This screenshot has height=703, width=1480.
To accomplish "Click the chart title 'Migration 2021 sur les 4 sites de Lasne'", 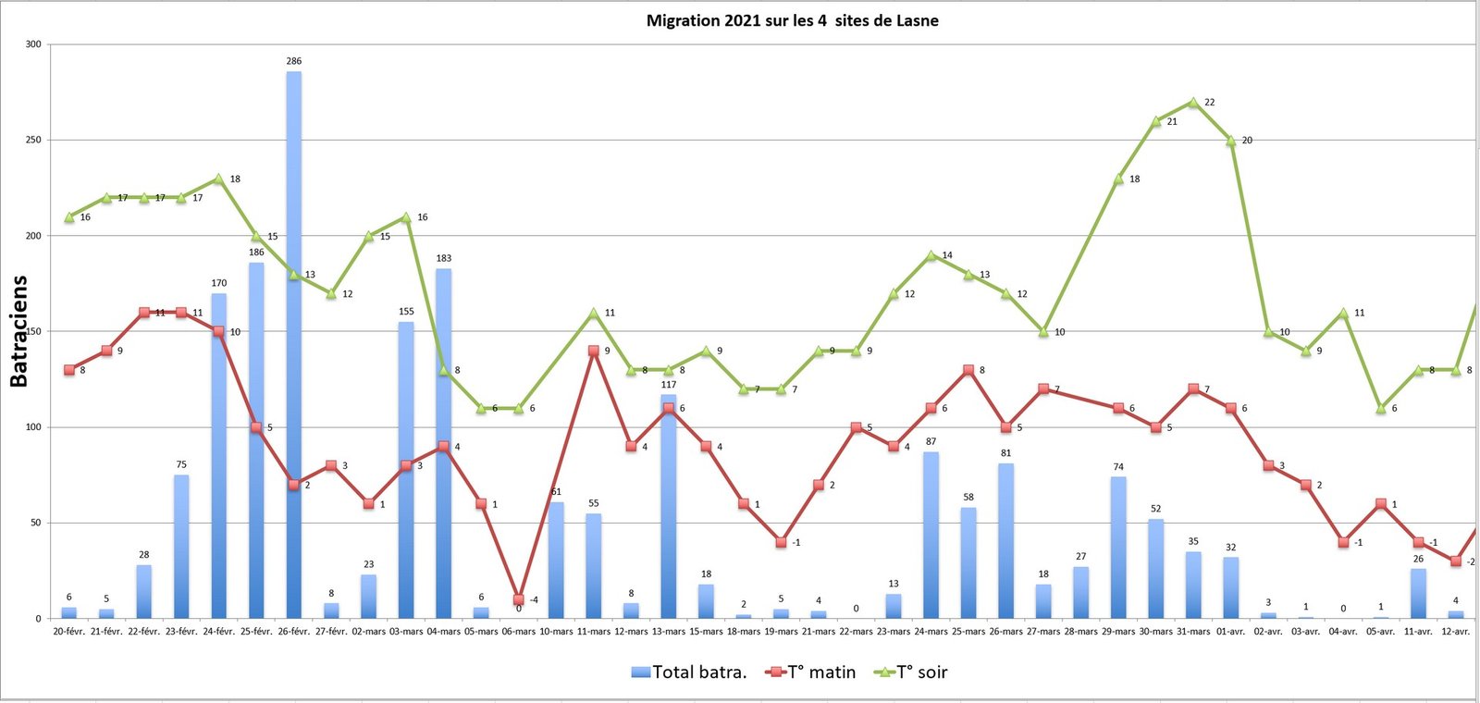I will tap(792, 20).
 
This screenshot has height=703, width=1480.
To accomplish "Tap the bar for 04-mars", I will tap(443, 443).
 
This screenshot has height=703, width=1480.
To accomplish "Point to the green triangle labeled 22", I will tap(1193, 103).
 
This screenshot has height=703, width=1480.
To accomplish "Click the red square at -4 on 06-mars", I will tap(519, 600).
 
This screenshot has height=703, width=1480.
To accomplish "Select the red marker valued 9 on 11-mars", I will tap(594, 351).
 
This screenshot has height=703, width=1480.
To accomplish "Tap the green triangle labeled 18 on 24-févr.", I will tap(219, 179).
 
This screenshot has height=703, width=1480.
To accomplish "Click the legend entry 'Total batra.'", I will tap(689, 672).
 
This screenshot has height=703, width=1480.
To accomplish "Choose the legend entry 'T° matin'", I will tap(811, 672).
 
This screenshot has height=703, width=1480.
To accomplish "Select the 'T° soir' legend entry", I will tap(911, 672).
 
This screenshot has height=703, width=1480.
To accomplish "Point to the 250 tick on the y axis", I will tap(33, 140).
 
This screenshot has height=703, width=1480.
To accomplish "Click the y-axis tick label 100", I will tap(33, 427).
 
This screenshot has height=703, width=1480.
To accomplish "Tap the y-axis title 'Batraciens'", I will tap(18, 331).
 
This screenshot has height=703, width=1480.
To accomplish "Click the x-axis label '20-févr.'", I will tap(69, 632).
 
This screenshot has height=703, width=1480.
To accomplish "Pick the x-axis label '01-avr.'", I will tap(1230, 632).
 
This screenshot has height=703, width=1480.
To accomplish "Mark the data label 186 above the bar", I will tap(256, 252).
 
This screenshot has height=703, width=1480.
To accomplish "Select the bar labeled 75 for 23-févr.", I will tap(181, 547).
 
